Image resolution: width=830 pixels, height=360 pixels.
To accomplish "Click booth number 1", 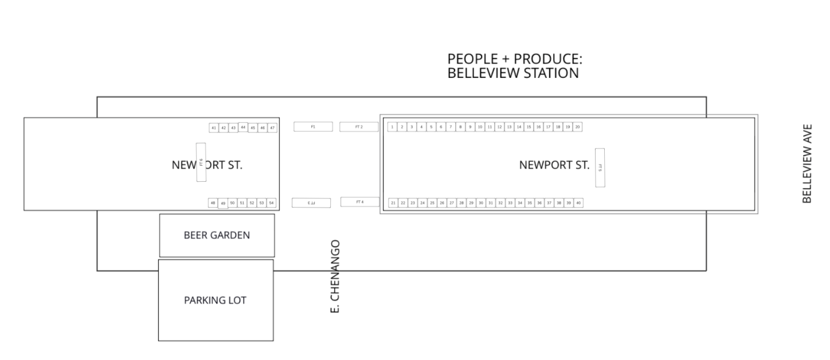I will point(392,127).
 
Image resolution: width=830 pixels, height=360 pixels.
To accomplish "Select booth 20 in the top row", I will point(577,127).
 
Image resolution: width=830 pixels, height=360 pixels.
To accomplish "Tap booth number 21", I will point(393,203).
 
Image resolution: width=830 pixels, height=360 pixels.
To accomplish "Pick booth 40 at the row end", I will point(578,203).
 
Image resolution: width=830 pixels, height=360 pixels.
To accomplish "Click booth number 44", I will point(243,127).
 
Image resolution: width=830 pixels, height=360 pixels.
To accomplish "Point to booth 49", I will point(223,204).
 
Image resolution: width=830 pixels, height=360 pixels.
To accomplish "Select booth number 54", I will point(272,203).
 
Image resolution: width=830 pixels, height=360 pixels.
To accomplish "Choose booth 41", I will point(214,128).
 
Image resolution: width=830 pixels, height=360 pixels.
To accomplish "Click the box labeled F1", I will point(313,127).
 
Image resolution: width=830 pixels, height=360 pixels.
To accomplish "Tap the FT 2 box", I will point(359,127).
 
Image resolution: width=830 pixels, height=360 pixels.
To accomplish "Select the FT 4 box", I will point(360,202).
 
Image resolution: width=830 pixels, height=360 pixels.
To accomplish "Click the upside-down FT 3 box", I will point(311,203).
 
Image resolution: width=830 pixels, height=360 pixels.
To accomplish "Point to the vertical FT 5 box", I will point(600,167).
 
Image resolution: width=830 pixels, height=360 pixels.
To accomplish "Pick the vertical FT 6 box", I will point(201,162).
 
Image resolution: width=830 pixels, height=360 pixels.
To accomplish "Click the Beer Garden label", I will point(217,235).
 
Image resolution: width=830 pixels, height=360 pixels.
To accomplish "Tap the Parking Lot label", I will point(215,300).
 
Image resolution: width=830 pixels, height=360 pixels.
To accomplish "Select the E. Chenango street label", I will point(335,276).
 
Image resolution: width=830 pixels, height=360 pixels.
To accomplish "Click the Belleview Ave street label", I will point(807,163).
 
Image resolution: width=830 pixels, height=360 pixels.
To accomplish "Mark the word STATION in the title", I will point(550,73).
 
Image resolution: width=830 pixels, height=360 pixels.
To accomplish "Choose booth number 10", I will point(480,127).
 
